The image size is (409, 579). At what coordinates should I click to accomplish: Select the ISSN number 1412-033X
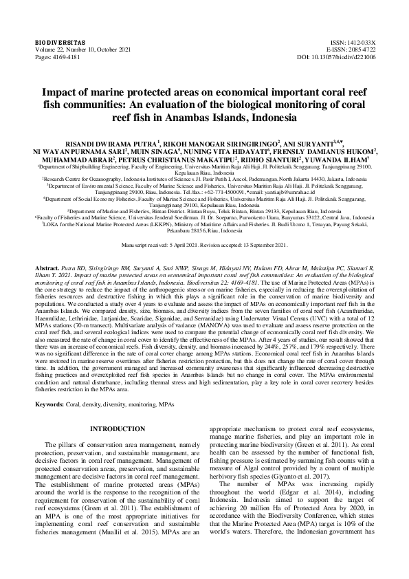[360, 43]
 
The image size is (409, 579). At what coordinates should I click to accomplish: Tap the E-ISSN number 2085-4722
[360, 50]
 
